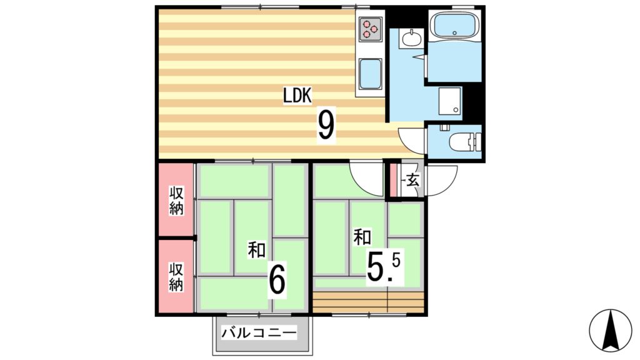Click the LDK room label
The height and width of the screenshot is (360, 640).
tap(297, 96)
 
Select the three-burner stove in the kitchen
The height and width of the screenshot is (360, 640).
tap(369, 28)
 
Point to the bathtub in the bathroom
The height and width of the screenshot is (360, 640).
tap(454, 27)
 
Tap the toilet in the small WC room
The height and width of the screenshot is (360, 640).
tap(461, 143)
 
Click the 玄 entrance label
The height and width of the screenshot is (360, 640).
tap(412, 181)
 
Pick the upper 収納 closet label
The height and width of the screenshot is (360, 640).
tap(176, 201)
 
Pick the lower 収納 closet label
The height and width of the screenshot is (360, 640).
tap(176, 277)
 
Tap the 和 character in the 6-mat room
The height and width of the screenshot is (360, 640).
tap(256, 250)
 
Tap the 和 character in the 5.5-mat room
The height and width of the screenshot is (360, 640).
tap(362, 237)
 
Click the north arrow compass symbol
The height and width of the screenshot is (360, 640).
tap(611, 331)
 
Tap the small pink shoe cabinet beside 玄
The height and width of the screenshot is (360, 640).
tap(394, 180)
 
